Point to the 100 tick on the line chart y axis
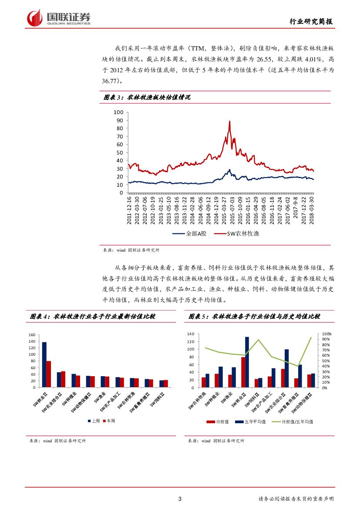click(x=119, y=112)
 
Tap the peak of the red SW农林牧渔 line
click(x=229, y=121)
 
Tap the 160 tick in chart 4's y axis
click(x=32, y=335)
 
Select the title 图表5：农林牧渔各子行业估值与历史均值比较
click(x=254, y=317)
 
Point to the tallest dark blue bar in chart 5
click(x=247, y=362)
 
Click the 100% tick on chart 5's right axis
click(x=326, y=334)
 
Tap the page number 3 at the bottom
click(x=180, y=499)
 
